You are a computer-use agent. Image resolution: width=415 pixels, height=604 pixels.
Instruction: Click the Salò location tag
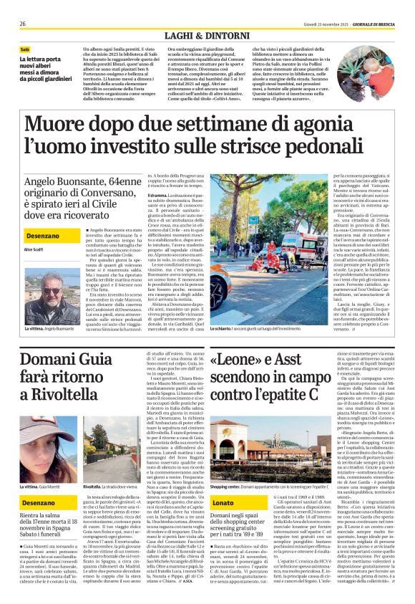[x=26, y=49]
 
